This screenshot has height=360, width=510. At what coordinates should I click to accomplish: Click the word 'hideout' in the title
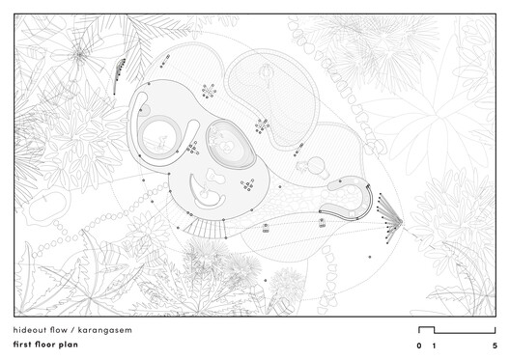click(x=31, y=330)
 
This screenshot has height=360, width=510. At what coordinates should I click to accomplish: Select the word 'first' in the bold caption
click(x=25, y=345)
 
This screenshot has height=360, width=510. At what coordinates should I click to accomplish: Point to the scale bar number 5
click(x=494, y=345)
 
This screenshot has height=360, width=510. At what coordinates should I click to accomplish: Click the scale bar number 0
click(x=419, y=345)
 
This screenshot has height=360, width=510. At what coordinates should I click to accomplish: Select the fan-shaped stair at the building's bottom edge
click(x=202, y=228)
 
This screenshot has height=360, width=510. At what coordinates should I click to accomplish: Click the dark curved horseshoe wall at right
click(x=351, y=201)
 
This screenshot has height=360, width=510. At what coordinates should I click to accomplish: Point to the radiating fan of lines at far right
click(x=390, y=214)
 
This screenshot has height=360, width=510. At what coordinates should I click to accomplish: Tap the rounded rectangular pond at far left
click(x=50, y=206)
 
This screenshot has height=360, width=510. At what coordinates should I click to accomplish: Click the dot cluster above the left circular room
click(x=207, y=91)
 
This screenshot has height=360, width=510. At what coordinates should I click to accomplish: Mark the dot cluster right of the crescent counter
click(x=248, y=183)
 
